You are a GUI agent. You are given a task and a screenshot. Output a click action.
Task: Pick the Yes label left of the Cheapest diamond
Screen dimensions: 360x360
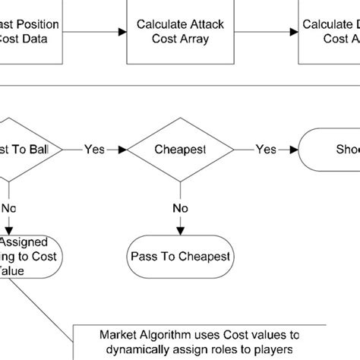point(95,150)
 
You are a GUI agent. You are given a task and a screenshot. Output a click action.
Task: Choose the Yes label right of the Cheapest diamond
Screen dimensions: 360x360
point(265,150)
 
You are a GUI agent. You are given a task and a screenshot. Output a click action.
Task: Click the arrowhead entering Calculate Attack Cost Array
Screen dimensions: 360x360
point(122,31)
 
